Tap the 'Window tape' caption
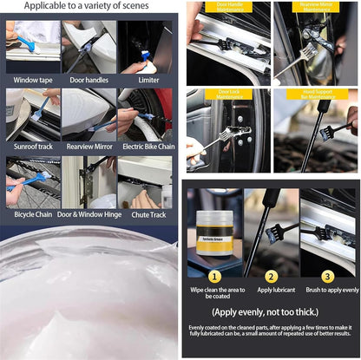tap(34, 80)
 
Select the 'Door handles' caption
tap(89, 80)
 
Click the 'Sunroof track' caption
tap(34, 147)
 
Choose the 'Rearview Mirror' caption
tap(89, 147)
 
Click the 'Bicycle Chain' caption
tap(34, 215)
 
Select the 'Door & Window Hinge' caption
tap(89, 215)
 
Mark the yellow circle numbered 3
tap(328, 277)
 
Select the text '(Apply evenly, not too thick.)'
tap(272, 312)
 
